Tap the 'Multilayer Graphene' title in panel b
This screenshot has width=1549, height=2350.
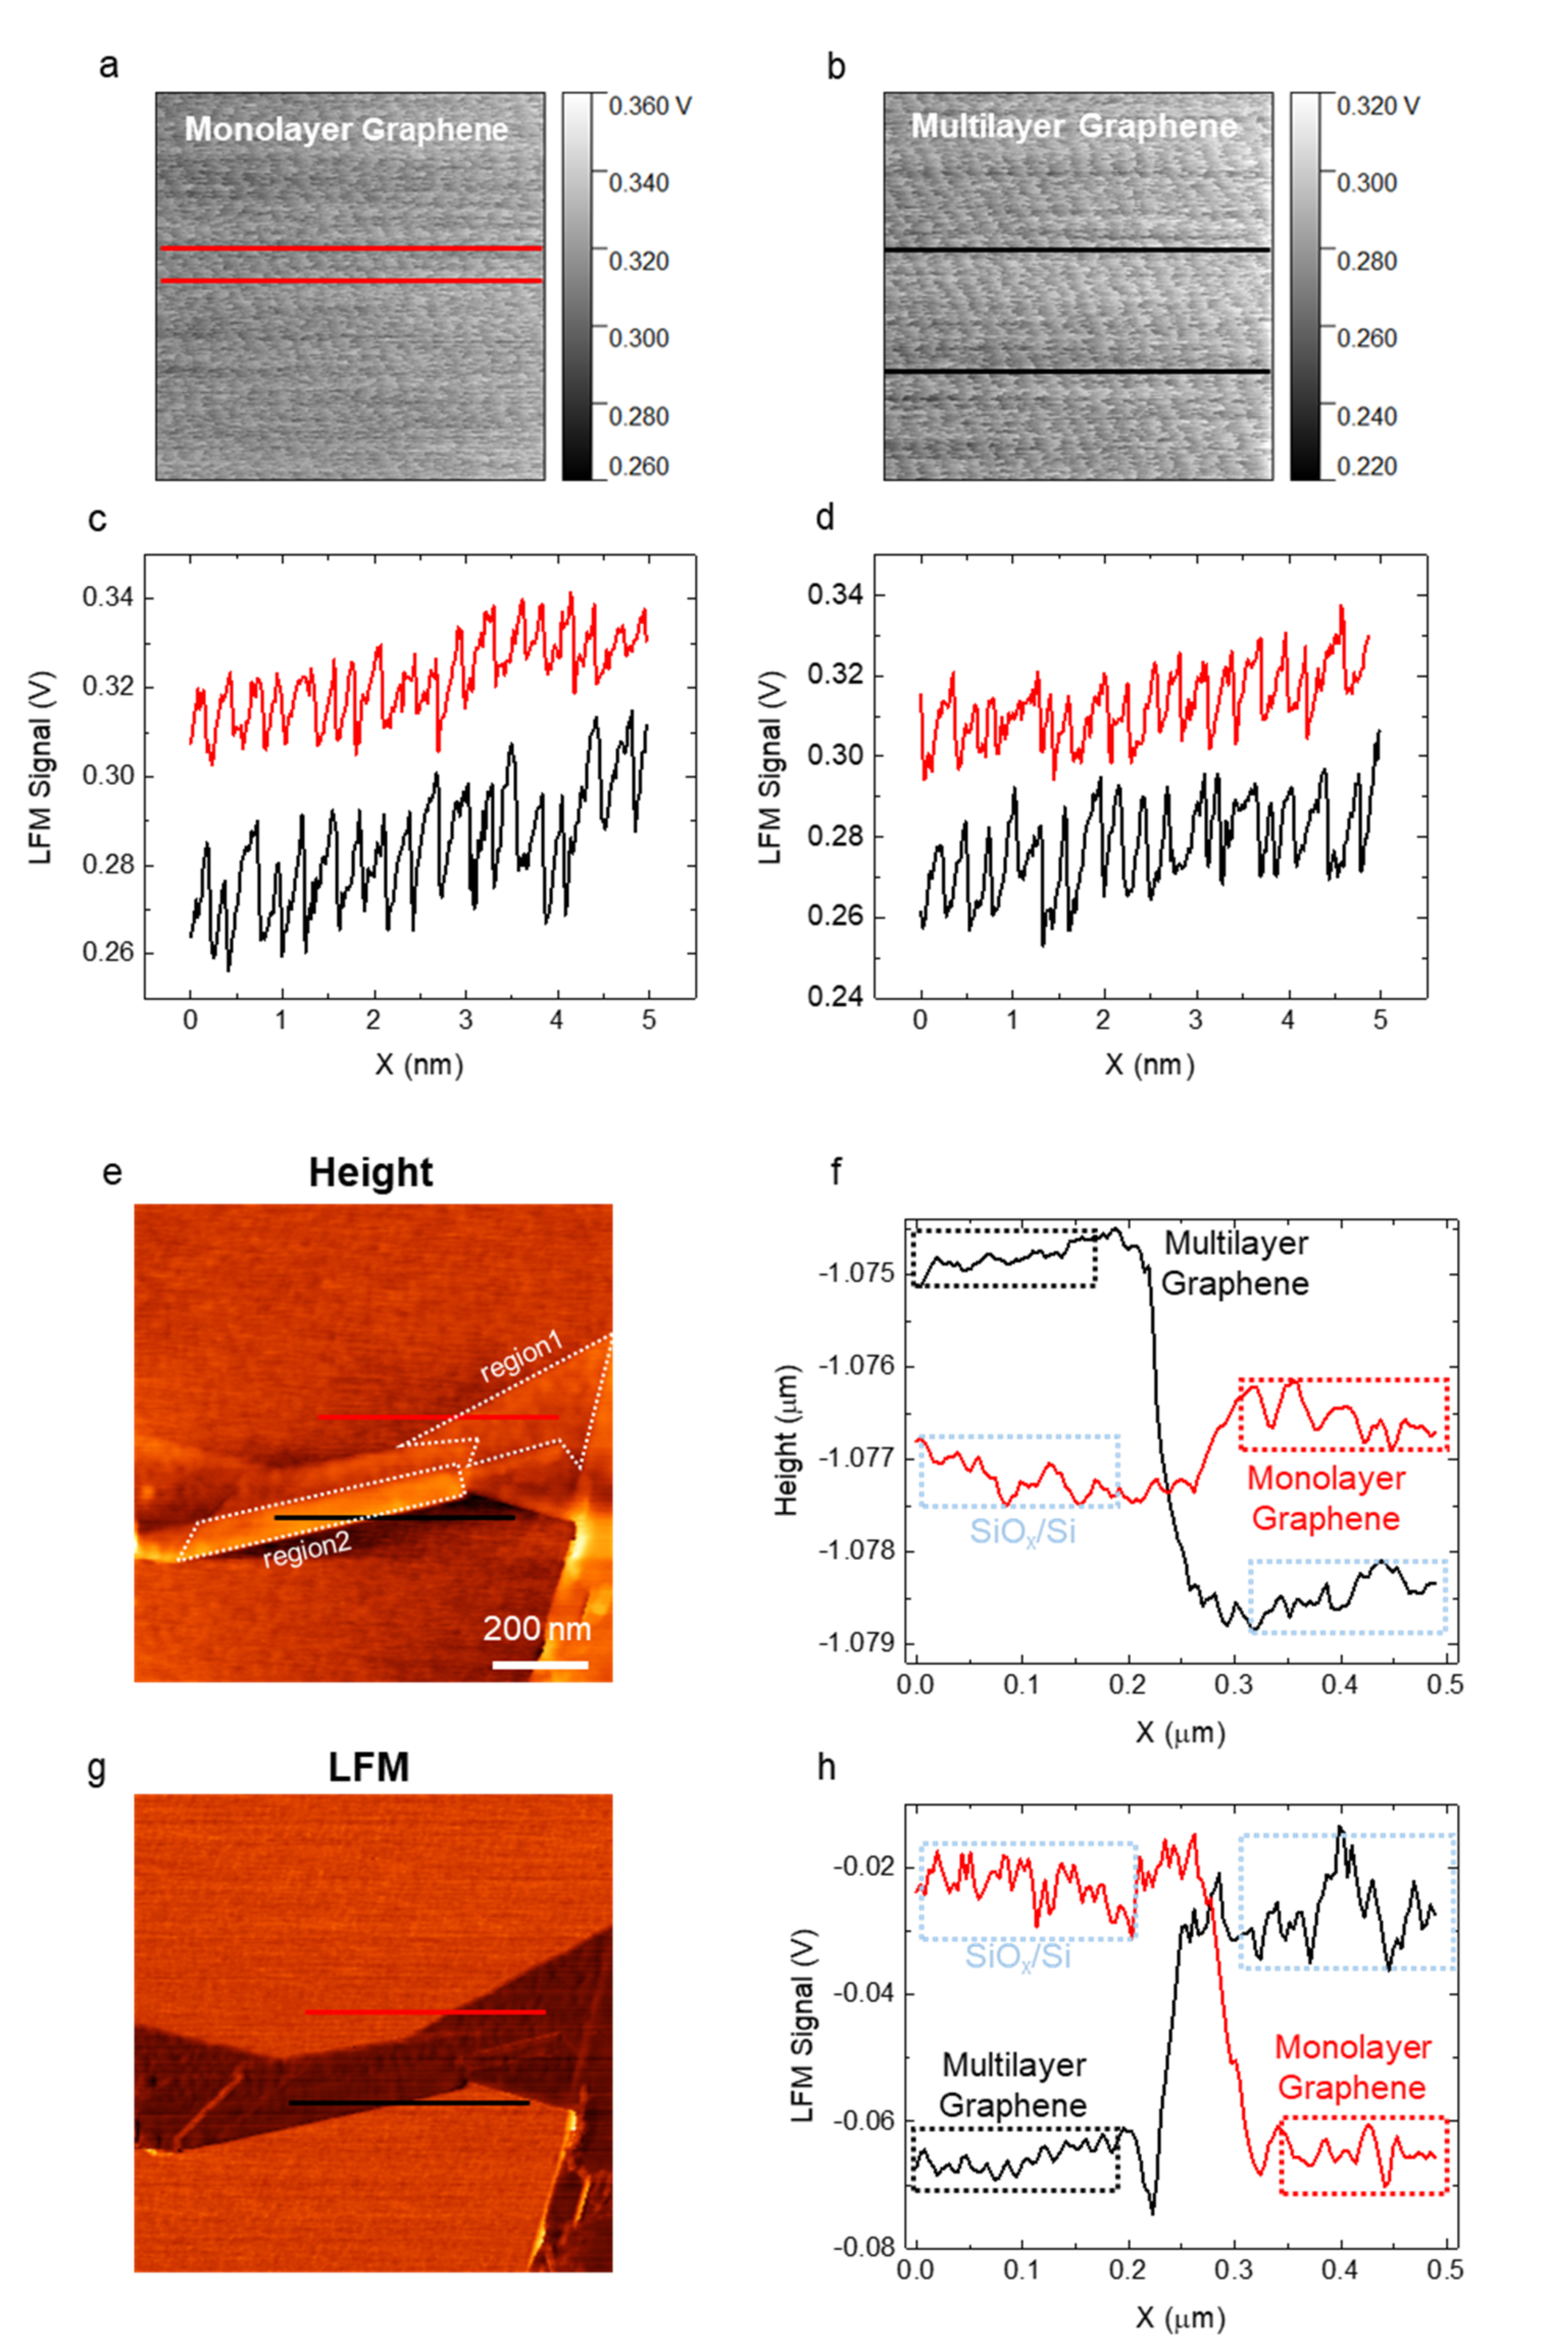(1074, 126)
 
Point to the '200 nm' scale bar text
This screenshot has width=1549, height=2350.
(536, 1627)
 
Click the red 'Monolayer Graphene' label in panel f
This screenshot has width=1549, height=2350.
(1326, 1498)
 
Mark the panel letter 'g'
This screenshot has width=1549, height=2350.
(97, 1766)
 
